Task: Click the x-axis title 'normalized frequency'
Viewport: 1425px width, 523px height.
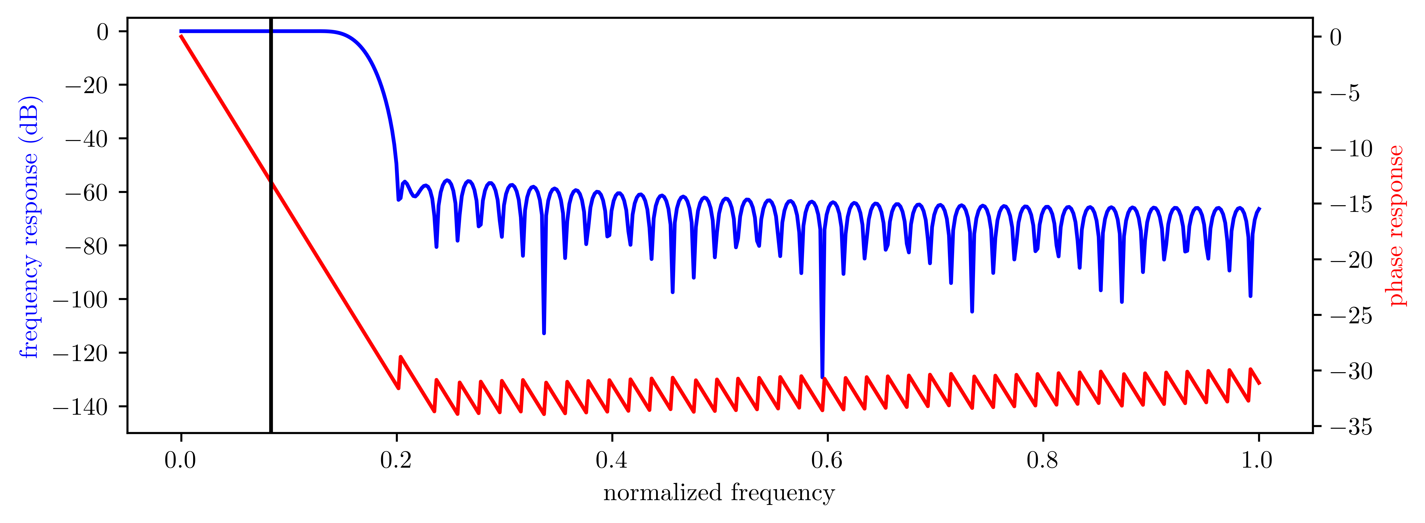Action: (719, 492)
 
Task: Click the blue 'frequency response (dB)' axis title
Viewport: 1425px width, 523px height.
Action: (29, 227)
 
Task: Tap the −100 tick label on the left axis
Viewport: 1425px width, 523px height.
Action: (81, 300)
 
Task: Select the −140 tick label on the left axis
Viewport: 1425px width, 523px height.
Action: (81, 407)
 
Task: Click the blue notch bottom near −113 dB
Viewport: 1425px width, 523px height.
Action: (544, 333)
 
